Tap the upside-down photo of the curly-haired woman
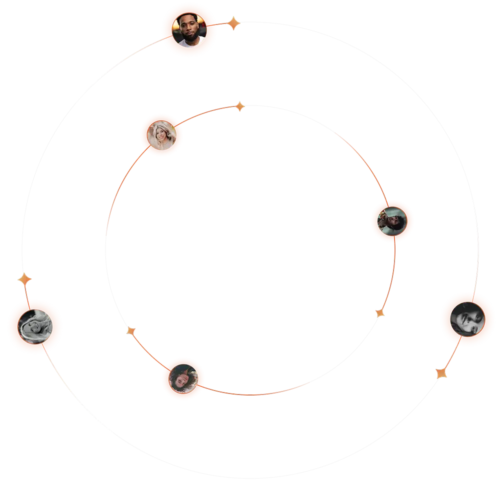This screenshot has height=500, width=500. pyautogui.click(x=183, y=379)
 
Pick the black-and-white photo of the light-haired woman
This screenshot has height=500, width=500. pyautogui.click(x=35, y=327)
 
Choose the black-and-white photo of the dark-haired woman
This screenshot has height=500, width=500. pyautogui.click(x=467, y=319)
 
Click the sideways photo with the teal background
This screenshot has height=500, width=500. pyautogui.click(x=392, y=221)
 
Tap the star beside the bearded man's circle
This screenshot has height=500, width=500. pyautogui.click(x=233, y=23)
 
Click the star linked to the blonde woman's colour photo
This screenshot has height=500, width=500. pyautogui.click(x=240, y=106)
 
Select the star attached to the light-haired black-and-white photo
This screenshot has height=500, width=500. pyautogui.click(x=24, y=279)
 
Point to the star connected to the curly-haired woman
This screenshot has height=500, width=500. pyautogui.click(x=131, y=331)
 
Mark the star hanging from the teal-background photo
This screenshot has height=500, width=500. pyautogui.click(x=380, y=313)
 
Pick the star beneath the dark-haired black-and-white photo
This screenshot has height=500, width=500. pyautogui.click(x=441, y=373)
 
